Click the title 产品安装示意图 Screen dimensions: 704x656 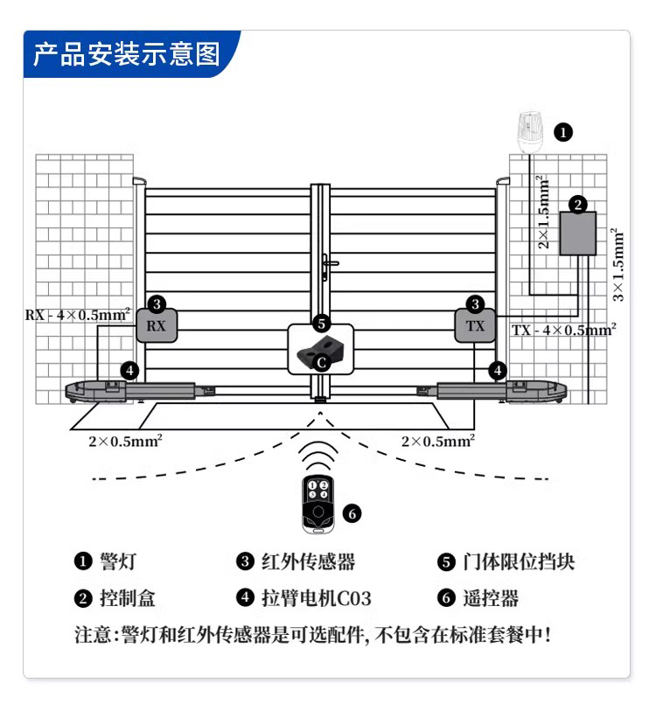[x=127, y=54]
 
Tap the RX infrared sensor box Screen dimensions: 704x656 [x=156, y=326]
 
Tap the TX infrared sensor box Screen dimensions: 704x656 [x=475, y=326]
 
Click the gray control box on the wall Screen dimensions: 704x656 [x=577, y=234]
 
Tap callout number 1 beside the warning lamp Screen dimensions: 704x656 [x=564, y=133]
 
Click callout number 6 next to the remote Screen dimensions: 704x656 [x=352, y=513]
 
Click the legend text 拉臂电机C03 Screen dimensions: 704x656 [x=317, y=598]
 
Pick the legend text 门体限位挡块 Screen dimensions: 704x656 [x=518, y=561]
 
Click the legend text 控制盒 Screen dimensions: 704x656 [x=128, y=598]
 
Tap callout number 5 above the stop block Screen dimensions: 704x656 [x=321, y=323]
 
